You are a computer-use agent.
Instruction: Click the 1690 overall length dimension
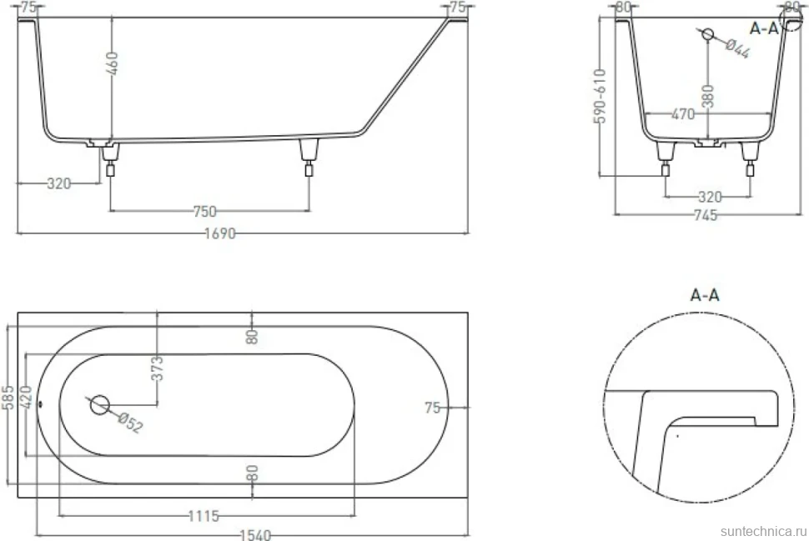[x=220, y=233]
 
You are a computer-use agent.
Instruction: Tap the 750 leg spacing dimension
[x=205, y=212]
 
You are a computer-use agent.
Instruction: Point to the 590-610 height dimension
[x=600, y=96]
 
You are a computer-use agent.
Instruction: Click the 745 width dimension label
[x=706, y=215]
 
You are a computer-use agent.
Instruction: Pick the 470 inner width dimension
[x=682, y=114]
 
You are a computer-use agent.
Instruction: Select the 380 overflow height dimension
[x=708, y=96]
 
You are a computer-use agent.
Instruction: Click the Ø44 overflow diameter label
[x=737, y=49]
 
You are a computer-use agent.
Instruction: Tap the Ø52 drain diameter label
[x=130, y=423]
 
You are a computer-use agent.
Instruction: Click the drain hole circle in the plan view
[x=99, y=405]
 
